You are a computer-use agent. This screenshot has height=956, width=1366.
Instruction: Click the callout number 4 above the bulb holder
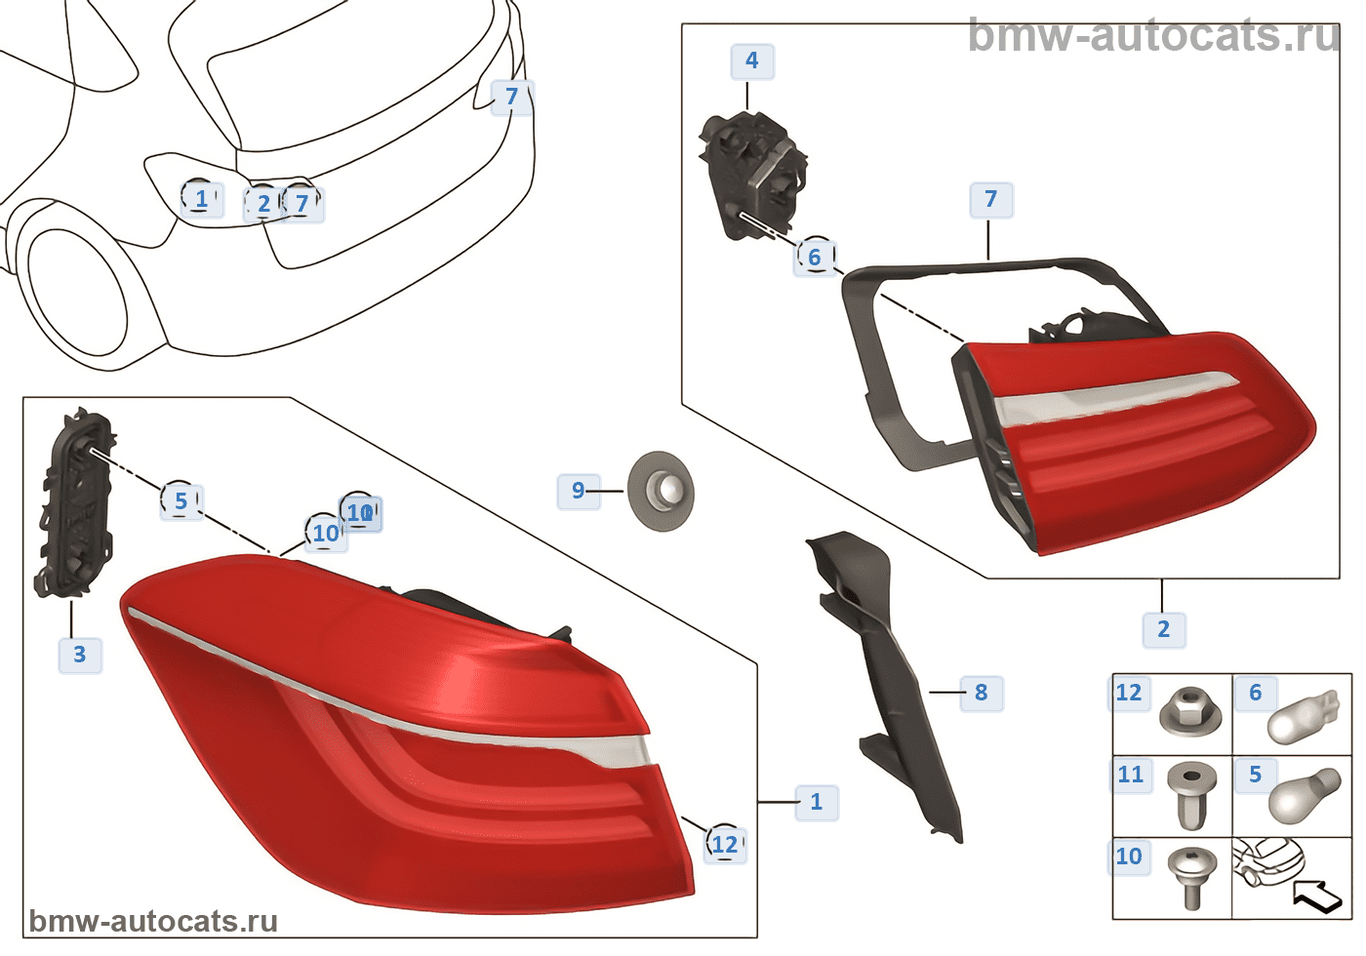[x=751, y=61]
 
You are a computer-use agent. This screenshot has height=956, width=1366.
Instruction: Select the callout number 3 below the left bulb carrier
[x=79, y=655]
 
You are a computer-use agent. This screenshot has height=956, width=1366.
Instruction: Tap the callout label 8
[x=981, y=693]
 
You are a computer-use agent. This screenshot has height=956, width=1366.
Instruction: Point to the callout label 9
[x=578, y=491]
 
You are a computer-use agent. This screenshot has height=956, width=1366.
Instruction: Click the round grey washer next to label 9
[x=661, y=491]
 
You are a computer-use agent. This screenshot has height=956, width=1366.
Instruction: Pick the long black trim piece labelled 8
[x=888, y=673]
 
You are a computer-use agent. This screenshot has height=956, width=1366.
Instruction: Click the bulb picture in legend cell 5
[x=1303, y=795]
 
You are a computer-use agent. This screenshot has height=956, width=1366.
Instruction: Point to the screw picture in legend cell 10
[x=1192, y=875]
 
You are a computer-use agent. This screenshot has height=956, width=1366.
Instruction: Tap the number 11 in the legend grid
[x=1130, y=775]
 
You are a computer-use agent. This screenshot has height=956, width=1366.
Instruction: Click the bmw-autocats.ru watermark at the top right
[x=1154, y=36]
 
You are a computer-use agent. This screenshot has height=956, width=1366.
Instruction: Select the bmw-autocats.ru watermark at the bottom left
[x=153, y=921]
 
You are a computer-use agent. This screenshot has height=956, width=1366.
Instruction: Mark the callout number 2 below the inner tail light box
[x=1163, y=629]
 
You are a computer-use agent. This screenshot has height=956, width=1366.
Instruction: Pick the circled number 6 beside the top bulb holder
[x=815, y=258]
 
